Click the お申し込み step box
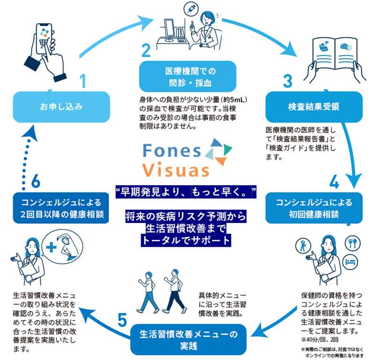pos(60,107)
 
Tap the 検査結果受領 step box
pos(314,107)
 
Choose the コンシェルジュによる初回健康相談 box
pos(314,209)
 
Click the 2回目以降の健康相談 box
pos(60,209)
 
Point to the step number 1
pos(83,82)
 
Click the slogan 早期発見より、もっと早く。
pos(187,191)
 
